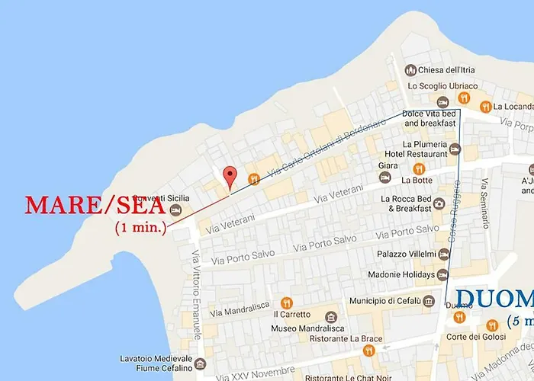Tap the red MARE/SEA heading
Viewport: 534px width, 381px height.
[95, 205]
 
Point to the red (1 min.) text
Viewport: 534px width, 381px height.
[140, 227]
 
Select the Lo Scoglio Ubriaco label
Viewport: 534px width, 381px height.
[442, 86]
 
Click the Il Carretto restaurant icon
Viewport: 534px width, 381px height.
[287, 303]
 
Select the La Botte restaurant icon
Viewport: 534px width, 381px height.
[418, 169]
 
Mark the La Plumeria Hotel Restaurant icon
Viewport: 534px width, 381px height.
[455, 149]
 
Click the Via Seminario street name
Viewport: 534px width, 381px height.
[484, 203]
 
